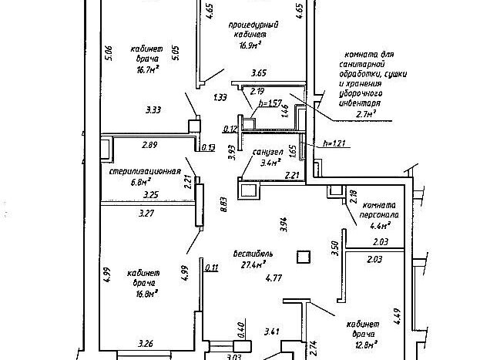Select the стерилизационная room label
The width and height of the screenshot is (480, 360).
coord(144,171)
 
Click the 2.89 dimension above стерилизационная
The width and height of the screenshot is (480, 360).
coord(149,144)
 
